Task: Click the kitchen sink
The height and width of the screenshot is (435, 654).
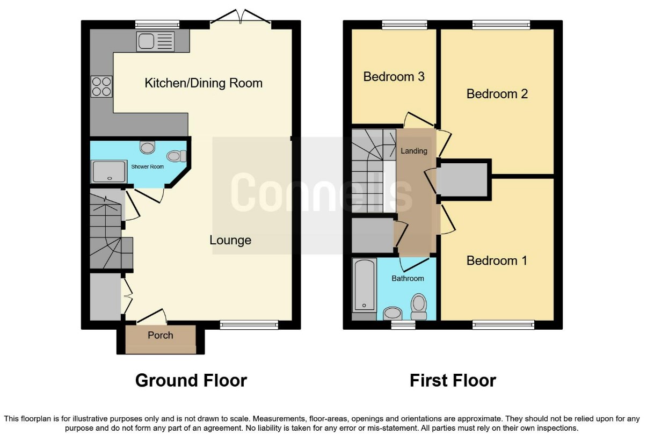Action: (155, 41)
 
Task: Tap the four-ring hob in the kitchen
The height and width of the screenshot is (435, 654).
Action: (101, 86)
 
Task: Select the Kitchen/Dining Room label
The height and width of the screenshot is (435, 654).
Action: (204, 83)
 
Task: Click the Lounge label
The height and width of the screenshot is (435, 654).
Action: (230, 240)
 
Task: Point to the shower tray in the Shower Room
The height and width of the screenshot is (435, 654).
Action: (109, 172)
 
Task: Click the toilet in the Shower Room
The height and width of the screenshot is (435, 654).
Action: (176, 156)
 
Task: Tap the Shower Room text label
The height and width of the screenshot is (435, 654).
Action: (148, 166)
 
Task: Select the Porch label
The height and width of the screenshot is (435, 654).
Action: (161, 335)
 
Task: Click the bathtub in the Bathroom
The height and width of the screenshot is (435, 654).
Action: (364, 285)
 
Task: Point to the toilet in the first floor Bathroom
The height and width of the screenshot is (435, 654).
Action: (419, 307)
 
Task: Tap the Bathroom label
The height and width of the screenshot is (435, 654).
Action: (408, 279)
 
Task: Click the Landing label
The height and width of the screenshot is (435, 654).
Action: (413, 151)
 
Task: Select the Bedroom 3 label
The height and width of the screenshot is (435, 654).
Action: (394, 77)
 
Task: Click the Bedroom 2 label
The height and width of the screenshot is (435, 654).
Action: (497, 94)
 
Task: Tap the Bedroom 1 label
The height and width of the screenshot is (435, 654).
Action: (497, 260)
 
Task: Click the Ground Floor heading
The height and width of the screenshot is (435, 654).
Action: (191, 381)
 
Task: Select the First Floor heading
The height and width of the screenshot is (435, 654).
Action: (453, 381)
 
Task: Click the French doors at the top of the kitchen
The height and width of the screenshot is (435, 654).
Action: (241, 18)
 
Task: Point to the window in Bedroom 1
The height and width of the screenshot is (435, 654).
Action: (503, 325)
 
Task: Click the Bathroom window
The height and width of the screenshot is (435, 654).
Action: (403, 325)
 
